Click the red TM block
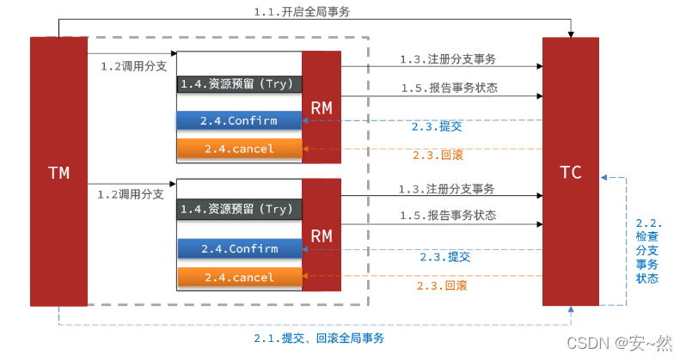pos(58,172)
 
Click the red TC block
pos(570,172)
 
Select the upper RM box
pos(322,107)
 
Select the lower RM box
pos(322,235)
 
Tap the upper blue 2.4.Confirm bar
pos(239,121)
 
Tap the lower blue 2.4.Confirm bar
pos(239,249)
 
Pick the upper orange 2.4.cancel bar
pos(239,149)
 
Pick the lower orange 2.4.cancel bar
pos(239,278)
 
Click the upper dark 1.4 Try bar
pos(239,84)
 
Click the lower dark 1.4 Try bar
pos(239,209)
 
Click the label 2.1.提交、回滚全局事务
pos(319,338)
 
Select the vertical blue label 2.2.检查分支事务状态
pos(647,248)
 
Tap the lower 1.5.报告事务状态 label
pos(448,216)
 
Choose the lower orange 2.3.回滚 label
pos(442,285)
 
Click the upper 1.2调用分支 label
pos(133,65)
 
